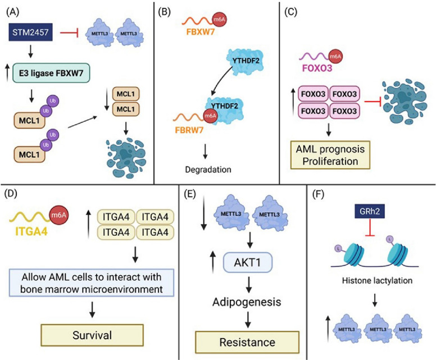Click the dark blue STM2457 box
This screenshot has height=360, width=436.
(30, 32)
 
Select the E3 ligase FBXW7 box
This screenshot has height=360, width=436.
(52, 73)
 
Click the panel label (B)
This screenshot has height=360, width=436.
(163, 12)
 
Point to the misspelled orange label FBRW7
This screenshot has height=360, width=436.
(189, 130)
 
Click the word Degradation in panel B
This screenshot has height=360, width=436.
(208, 169)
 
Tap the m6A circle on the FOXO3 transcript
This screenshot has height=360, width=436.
(335, 56)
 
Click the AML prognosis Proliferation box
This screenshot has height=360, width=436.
(330, 155)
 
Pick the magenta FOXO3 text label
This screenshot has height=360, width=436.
(317, 68)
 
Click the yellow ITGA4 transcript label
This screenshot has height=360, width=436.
(31, 231)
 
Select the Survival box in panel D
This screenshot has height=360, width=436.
(92, 335)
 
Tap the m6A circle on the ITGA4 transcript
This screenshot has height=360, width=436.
(58, 215)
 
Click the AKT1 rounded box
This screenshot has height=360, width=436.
(247, 262)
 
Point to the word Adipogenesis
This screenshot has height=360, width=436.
(247, 302)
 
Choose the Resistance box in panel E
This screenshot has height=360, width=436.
(247, 342)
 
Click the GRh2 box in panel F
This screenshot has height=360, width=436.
(370, 212)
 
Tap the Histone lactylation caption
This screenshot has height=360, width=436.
(377, 280)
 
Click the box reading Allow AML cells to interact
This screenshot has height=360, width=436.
(92, 282)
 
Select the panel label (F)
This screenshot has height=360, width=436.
(319, 194)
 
